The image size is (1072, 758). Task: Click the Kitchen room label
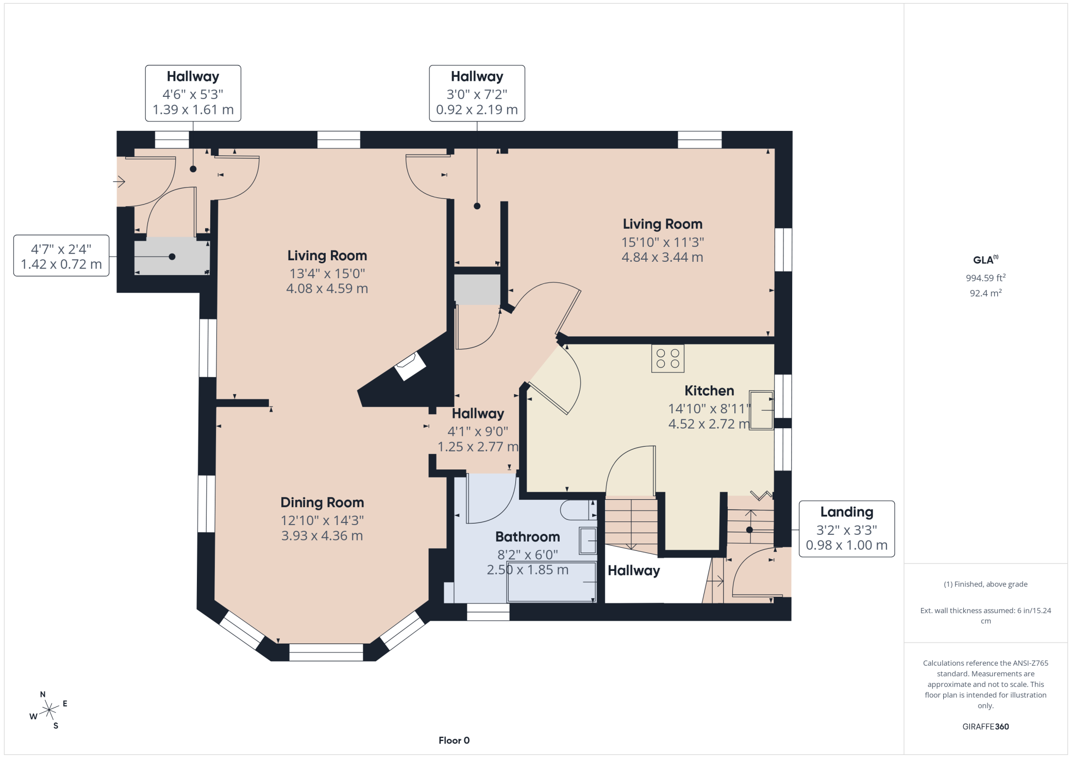(709, 391)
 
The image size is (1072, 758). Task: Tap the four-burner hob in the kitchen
(667, 359)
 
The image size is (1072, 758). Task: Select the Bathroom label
(527, 537)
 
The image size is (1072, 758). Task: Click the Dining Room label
(322, 502)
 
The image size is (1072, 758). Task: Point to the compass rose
(49, 711)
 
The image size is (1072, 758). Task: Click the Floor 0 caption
(454, 740)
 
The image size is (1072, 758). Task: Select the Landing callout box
(846, 529)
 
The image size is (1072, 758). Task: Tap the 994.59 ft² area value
(985, 278)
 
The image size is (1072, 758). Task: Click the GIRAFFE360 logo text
(985, 727)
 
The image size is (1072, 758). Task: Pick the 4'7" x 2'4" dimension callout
(61, 256)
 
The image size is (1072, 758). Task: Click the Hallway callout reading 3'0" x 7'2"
(477, 93)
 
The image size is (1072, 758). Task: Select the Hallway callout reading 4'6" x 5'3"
(193, 93)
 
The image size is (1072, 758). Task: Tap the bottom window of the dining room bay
(326, 652)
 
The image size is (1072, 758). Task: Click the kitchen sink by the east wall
(761, 410)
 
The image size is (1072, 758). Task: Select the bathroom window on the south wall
(488, 612)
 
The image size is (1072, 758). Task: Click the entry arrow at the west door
(119, 181)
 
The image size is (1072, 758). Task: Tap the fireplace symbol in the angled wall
(410, 366)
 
